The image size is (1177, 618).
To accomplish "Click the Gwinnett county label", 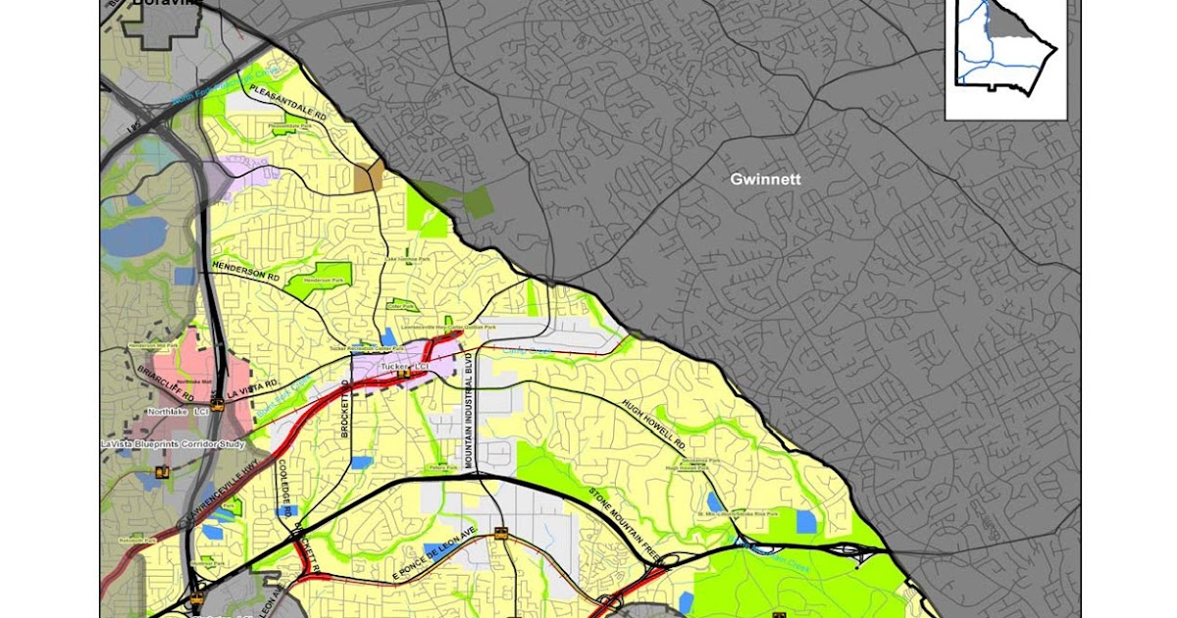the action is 765,180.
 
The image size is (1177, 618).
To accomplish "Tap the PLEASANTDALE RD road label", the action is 287,102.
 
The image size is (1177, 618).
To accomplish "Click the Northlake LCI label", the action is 177,412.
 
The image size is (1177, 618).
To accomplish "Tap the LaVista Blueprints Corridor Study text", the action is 173,443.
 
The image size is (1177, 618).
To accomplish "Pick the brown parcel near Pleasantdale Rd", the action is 370,177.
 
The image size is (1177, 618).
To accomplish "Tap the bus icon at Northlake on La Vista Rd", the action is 217,403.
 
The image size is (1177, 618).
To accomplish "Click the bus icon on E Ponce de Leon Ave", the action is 501,535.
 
